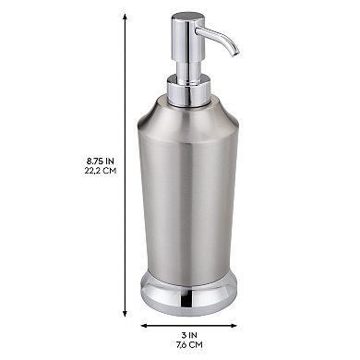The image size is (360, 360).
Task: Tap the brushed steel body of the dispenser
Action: [x=189, y=203]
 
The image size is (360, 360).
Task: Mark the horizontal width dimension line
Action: [x=189, y=325]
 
